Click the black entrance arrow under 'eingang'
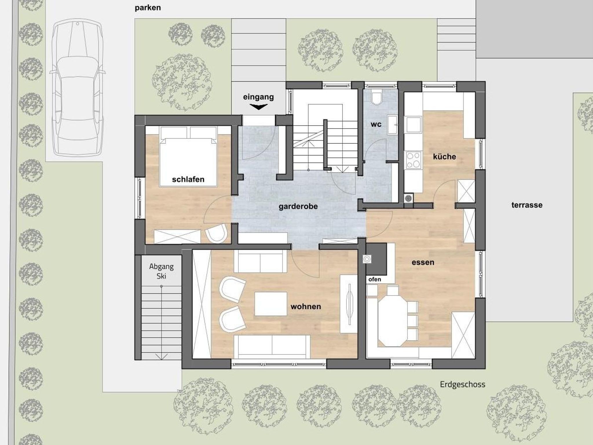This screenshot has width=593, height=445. [258, 107]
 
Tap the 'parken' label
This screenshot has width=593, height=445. [148, 8]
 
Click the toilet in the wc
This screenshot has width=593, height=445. [377, 98]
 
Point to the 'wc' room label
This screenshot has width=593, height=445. [376, 124]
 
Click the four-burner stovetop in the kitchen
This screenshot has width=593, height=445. [413, 160]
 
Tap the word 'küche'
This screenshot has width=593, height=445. [444, 157]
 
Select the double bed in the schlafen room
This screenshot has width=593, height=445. [188, 157]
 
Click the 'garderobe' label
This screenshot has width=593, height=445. [298, 206]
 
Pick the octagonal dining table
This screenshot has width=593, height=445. [392, 316]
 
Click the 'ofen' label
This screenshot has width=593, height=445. [375, 279]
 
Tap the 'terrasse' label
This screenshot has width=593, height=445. [527, 205]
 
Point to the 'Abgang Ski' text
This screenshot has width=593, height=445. [161, 271]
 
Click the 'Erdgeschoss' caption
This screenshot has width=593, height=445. [462, 385]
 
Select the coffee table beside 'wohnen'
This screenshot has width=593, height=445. [271, 304]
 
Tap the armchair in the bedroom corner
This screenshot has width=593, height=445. [217, 234]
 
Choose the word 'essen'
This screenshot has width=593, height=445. [423, 262]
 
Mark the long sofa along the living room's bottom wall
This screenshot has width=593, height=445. [272, 346]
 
